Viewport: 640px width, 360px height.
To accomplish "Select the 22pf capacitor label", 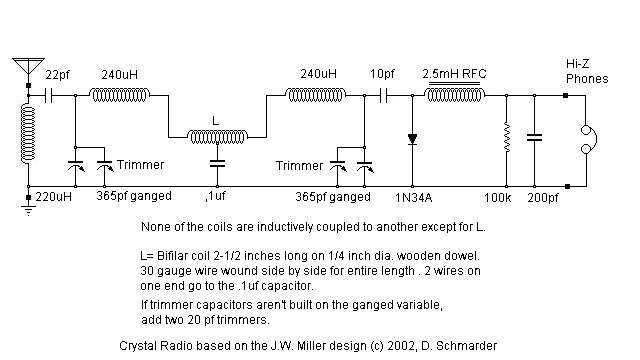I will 58,75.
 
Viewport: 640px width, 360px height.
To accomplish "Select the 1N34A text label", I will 412,196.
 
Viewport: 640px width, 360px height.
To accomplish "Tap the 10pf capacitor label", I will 382,75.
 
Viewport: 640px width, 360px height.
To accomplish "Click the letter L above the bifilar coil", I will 216,119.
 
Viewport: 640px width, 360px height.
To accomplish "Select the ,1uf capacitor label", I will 216,196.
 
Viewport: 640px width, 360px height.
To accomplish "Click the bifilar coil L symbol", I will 217,135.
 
